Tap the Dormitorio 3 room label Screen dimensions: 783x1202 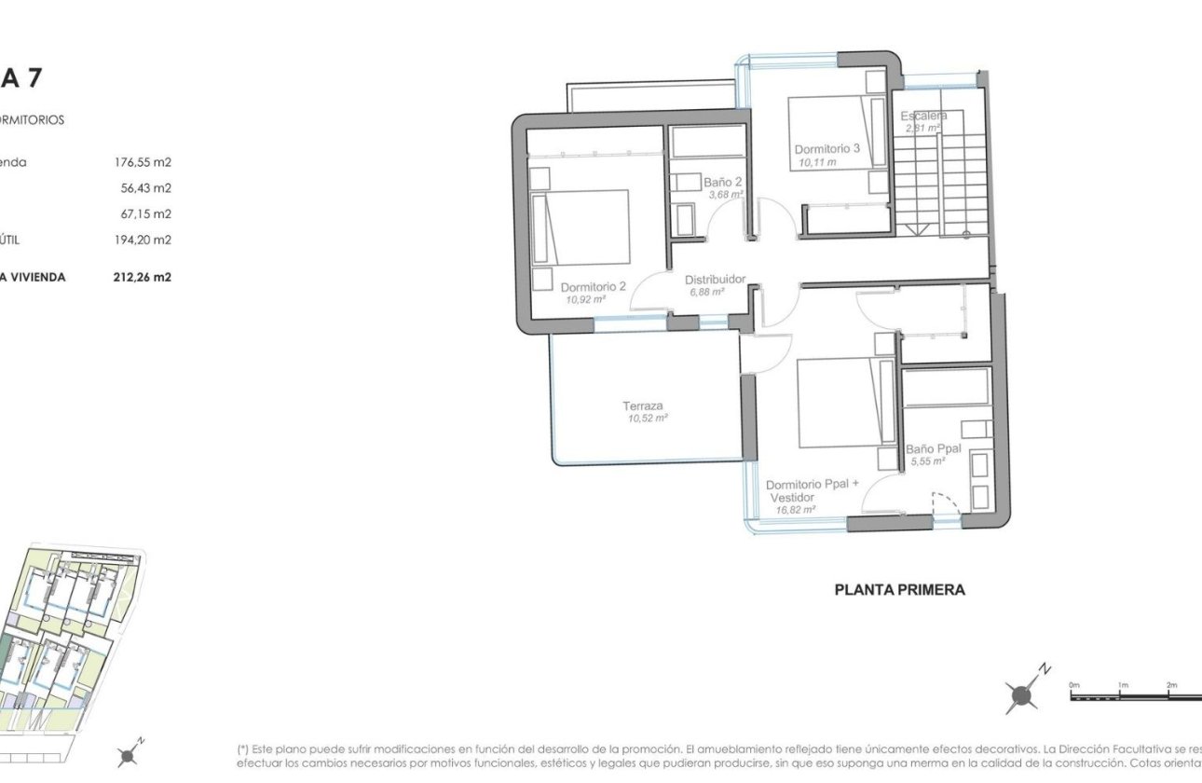tap(826, 149)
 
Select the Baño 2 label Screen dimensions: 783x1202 tap(723, 182)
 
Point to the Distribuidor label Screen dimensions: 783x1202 tap(715, 279)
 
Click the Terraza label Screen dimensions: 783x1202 tap(643, 405)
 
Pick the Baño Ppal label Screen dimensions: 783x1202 tap(933, 448)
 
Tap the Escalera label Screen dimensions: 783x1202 tap(923, 116)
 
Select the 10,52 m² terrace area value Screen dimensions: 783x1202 tap(648, 419)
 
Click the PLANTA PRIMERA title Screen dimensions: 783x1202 tap(899, 589)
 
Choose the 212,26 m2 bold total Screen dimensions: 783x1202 tap(143, 277)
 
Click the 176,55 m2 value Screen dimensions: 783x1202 tap(143, 162)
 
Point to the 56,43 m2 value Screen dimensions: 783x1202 tap(146, 188)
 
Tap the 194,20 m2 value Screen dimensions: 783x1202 tap(143, 240)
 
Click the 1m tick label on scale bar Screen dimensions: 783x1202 tap(1123, 685)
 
